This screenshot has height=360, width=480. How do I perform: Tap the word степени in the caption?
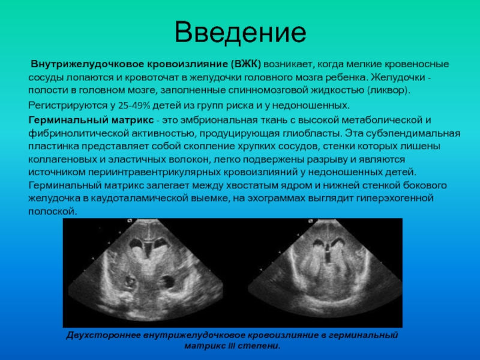[x=263, y=346]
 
